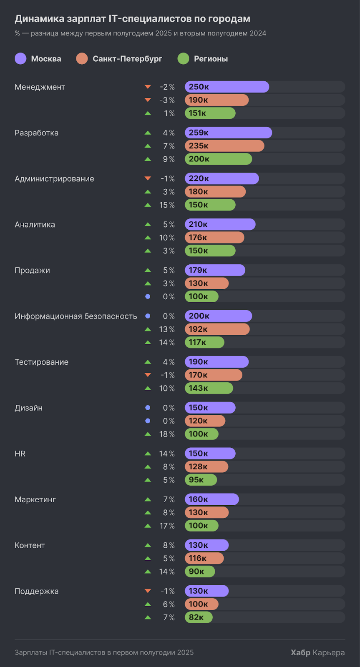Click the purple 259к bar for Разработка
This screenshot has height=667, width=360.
point(228,133)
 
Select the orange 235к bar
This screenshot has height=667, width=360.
point(224,146)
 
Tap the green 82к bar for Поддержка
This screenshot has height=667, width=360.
point(199,617)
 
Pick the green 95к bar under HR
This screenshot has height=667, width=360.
point(201,480)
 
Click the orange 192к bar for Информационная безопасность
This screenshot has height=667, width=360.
point(217,329)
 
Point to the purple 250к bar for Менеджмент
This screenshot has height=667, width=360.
point(227,87)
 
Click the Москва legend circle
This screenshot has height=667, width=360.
point(20,59)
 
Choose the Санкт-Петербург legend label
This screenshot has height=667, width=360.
point(127,59)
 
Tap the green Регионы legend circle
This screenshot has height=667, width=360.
point(183,59)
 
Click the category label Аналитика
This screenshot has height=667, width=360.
point(35,224)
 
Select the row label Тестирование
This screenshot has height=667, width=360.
point(41,362)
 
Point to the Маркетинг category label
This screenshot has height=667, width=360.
point(35,499)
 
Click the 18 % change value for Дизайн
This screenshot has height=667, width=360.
point(167,434)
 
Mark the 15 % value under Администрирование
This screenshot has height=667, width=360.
point(167,205)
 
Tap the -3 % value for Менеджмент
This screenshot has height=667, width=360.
point(167,100)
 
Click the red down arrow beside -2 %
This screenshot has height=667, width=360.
point(148,87)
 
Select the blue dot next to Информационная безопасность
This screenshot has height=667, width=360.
point(148,316)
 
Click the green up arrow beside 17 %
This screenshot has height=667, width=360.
point(148,526)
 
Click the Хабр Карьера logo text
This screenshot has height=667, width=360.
point(317,652)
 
